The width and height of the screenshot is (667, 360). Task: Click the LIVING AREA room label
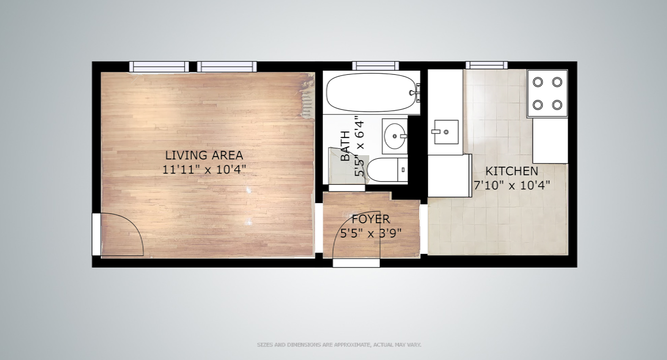[204, 155]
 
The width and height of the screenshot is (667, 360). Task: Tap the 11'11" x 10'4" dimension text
[204, 170]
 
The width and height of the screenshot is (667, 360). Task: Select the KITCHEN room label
[511, 171]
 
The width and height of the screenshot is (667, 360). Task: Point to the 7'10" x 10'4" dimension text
[511, 185]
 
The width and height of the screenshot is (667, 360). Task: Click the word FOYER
[371, 219]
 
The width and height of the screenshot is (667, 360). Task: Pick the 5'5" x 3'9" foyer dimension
[371, 233]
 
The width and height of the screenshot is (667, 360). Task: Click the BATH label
[345, 146]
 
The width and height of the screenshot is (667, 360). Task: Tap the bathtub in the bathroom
[370, 93]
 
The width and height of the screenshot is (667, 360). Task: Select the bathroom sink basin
[395, 136]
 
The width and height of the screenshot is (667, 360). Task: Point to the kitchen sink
[446, 132]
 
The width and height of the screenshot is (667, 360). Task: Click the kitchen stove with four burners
[547, 93]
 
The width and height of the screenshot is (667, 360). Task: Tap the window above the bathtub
[375, 66]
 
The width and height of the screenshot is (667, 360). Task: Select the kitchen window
[486, 65]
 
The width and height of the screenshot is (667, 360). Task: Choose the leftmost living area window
[159, 66]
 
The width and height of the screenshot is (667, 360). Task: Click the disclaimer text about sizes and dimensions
[339, 345]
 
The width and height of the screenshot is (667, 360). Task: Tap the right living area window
[227, 66]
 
